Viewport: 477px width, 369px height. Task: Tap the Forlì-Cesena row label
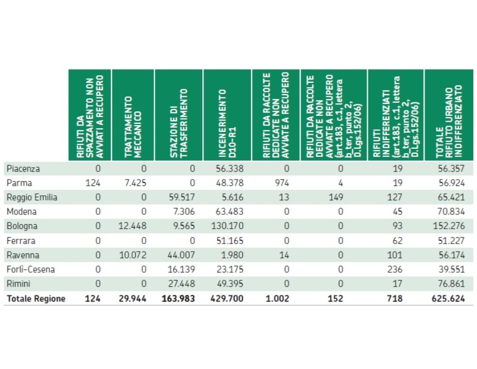(31, 269)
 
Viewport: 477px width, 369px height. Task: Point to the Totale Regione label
(36, 299)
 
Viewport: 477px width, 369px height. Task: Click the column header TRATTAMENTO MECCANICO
(132, 115)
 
